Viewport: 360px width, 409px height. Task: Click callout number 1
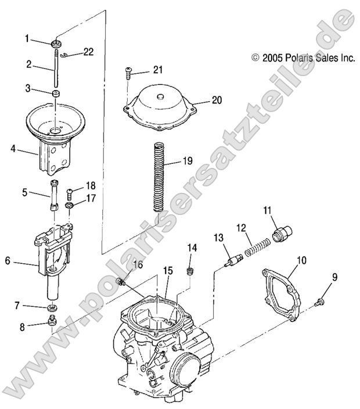pyautogui.click(x=27, y=39)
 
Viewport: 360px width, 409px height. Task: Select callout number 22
pyautogui.click(x=88, y=52)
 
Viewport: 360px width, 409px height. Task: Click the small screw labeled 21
pyautogui.click(x=129, y=73)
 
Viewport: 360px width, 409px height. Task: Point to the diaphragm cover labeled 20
pyautogui.click(x=160, y=102)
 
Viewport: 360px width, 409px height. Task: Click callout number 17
pyautogui.click(x=90, y=199)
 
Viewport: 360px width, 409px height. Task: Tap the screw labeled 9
pyautogui.click(x=318, y=302)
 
